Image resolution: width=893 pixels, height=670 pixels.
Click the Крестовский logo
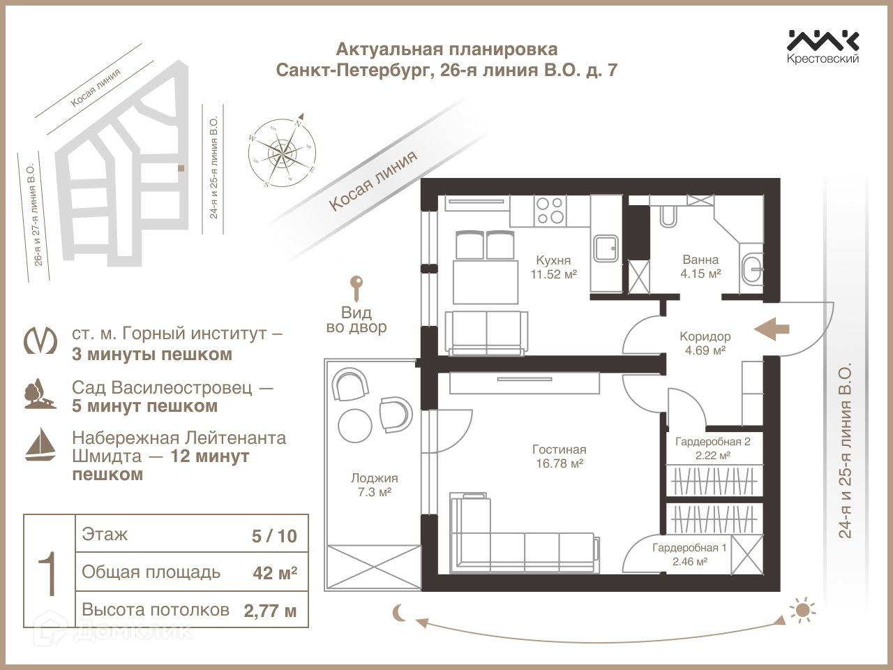tap(823, 46)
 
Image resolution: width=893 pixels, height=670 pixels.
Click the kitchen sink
tap(605, 248)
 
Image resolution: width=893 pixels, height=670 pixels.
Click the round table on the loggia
tap(357, 424)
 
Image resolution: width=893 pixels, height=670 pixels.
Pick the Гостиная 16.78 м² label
tap(559, 456)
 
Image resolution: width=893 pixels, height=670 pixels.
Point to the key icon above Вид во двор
tap(357, 288)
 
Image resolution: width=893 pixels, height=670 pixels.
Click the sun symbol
tap(803, 611)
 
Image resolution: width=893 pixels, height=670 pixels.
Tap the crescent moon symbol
tap(400, 612)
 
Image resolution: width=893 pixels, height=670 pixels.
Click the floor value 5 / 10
tap(274, 536)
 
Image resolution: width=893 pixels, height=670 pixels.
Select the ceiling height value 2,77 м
tap(270, 611)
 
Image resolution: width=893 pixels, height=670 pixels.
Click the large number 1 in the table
tap(49, 572)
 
